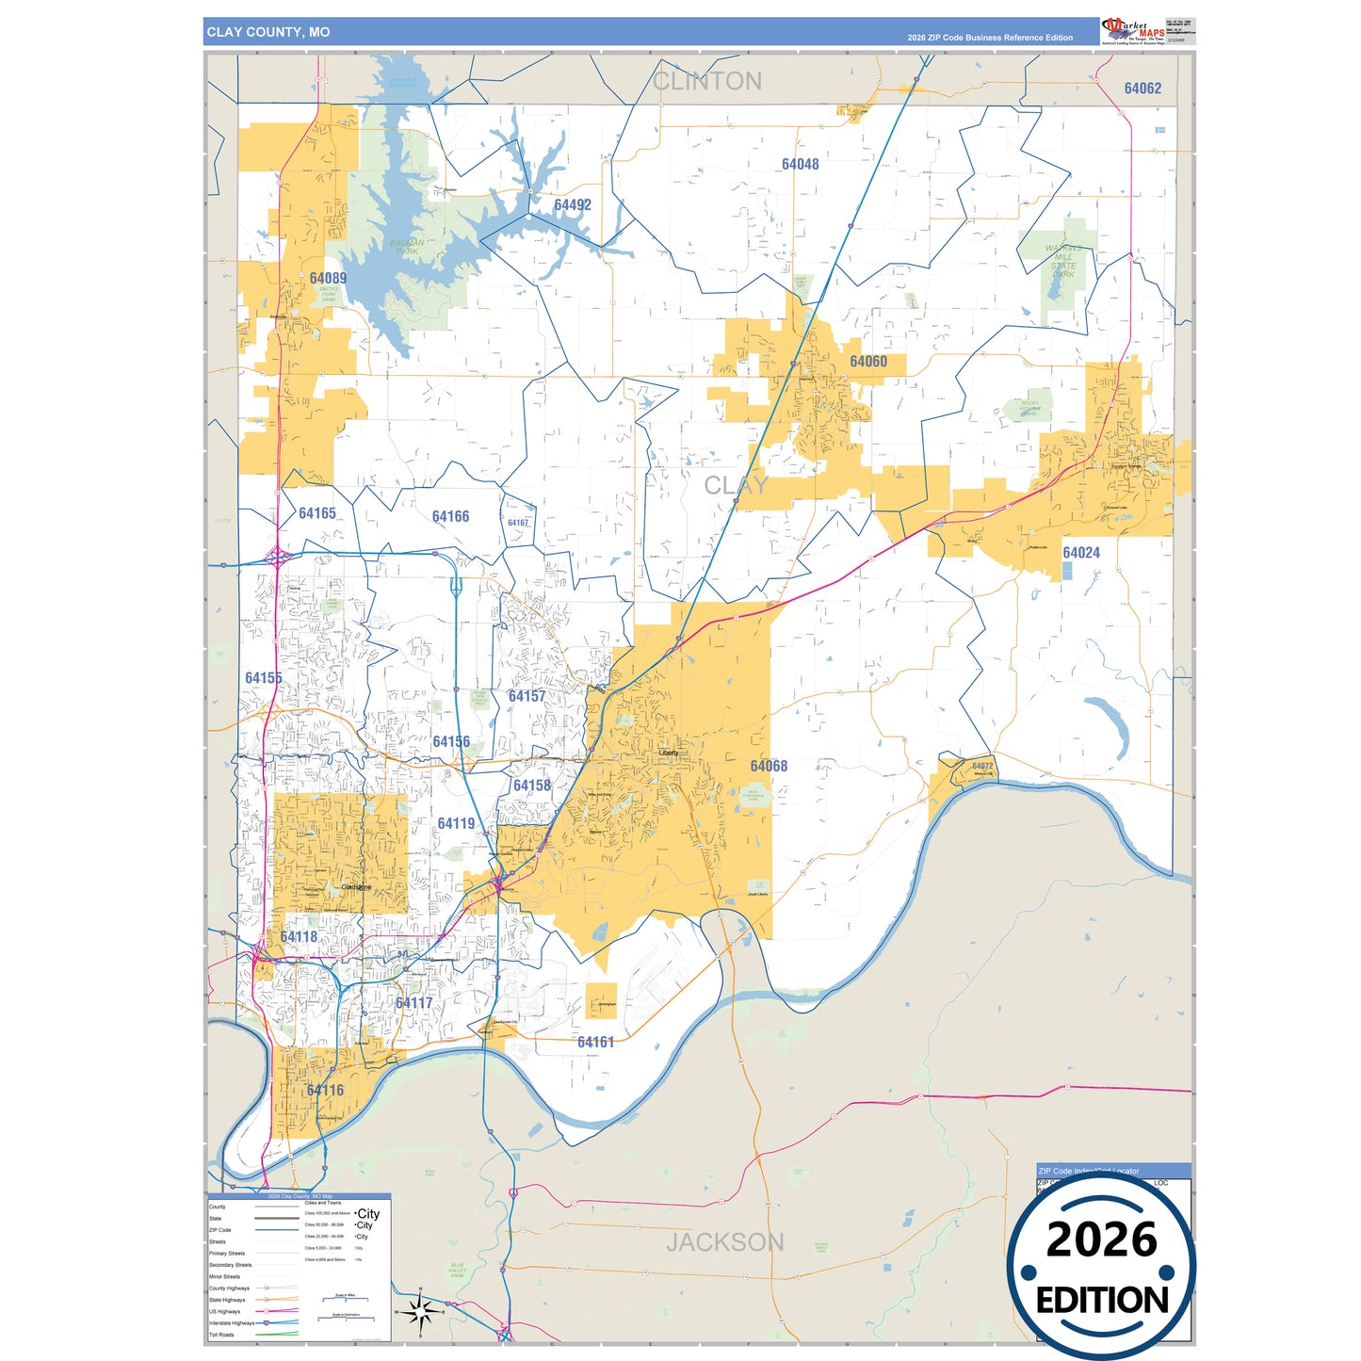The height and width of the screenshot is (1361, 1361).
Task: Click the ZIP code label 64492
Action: click(573, 205)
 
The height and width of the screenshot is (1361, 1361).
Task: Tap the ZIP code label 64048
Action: click(800, 164)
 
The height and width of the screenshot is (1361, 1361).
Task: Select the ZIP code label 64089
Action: click(328, 278)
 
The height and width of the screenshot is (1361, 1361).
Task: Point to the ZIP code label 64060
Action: click(867, 362)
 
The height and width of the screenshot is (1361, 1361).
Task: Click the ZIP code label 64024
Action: click(1080, 553)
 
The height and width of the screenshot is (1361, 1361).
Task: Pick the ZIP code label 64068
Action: click(769, 766)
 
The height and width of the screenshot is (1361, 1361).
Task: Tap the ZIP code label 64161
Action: click(595, 1042)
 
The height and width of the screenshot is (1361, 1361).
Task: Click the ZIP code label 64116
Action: click(325, 1090)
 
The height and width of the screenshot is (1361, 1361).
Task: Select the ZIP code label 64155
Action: click(264, 678)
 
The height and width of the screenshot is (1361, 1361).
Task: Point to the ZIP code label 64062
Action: click(1142, 89)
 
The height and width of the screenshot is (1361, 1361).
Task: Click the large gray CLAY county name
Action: click(737, 486)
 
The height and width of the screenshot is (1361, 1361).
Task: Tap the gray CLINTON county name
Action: click(707, 82)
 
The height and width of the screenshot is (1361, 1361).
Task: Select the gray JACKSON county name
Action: click(724, 1242)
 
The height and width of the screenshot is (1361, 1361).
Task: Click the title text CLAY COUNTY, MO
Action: click(268, 32)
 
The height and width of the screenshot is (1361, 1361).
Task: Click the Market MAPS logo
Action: click(1134, 31)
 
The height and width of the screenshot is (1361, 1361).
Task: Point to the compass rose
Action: click(420, 1310)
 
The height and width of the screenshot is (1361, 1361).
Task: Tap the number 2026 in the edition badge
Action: click(1101, 1239)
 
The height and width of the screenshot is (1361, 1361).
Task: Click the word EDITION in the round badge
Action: click(1101, 1301)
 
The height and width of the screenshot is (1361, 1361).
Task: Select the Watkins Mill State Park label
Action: click(1062, 261)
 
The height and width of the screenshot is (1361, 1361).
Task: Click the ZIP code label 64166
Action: click(450, 516)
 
